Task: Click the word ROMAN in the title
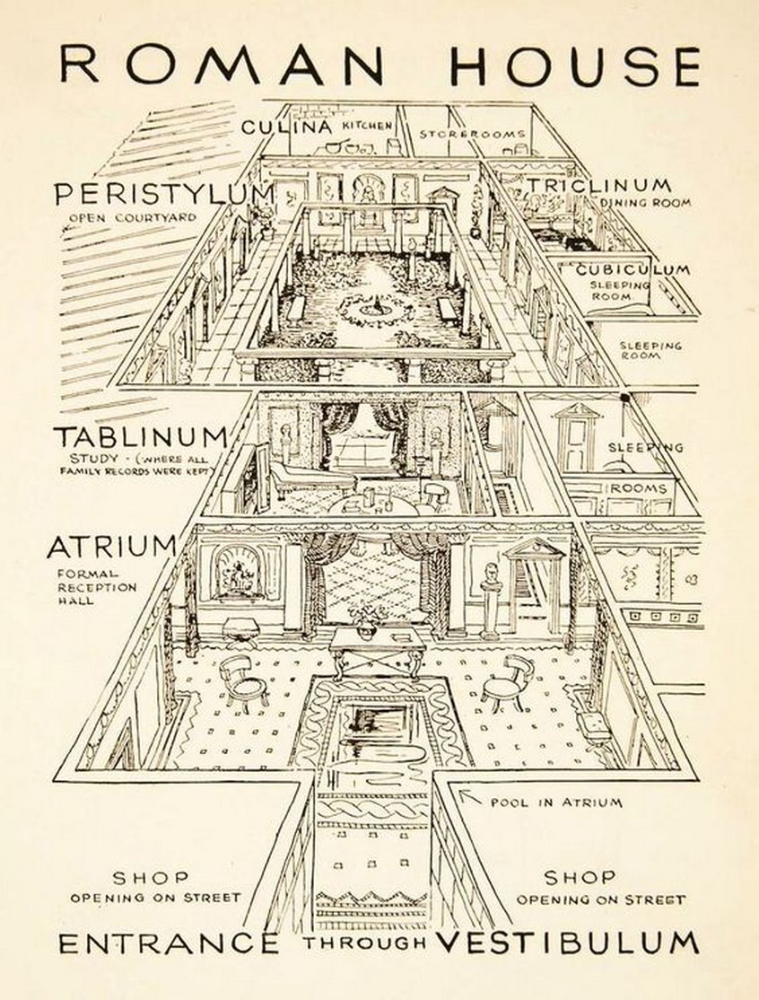point(221,65)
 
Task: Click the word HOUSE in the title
point(575,66)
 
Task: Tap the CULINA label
point(287,127)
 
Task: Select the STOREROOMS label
point(472,134)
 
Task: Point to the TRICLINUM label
point(598,185)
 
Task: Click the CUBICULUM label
point(632,270)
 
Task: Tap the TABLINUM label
point(140,437)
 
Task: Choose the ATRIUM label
point(112,547)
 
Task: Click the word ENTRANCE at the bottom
point(169,943)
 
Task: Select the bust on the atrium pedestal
point(491,576)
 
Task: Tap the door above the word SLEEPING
point(578,437)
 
